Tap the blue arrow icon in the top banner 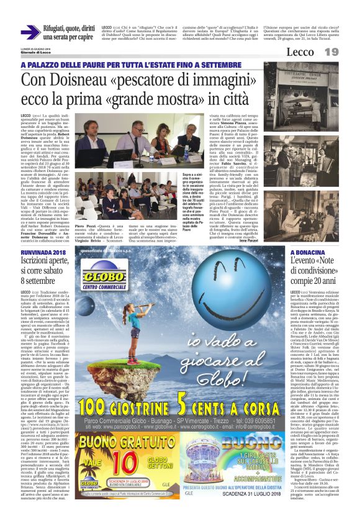pos(30,32)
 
